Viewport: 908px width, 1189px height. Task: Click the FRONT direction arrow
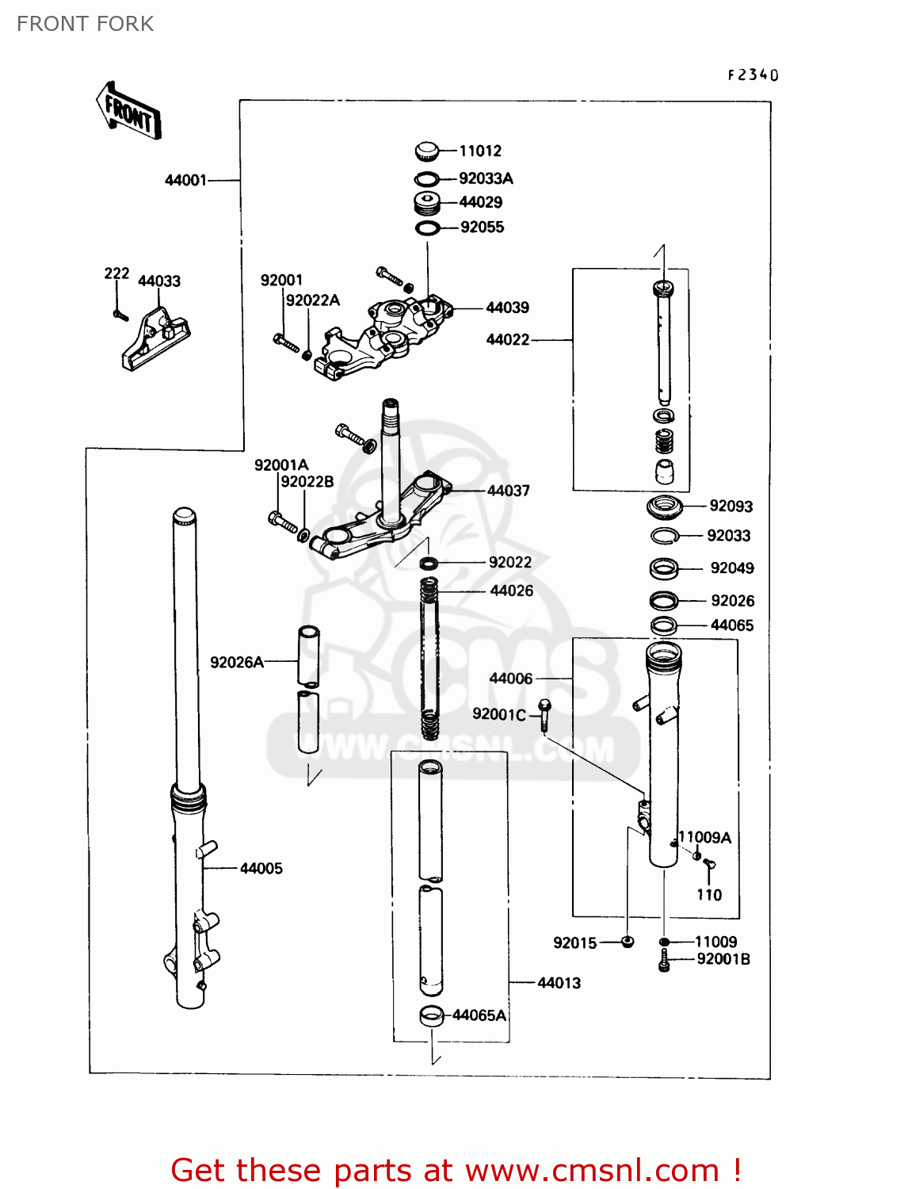coord(128,112)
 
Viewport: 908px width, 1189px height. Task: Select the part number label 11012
coord(480,151)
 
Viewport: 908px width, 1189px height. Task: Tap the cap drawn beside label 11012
coord(426,150)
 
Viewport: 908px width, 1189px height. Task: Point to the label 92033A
coord(486,178)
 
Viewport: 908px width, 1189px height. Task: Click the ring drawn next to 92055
coord(428,228)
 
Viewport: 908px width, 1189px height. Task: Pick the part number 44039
coord(507,308)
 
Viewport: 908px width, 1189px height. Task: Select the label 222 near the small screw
coord(116,273)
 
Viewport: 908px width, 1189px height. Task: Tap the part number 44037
coord(508,491)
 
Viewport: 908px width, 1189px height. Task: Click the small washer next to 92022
coord(429,563)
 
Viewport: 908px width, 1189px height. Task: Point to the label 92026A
coord(236,662)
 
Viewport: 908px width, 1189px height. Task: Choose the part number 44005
coord(261,868)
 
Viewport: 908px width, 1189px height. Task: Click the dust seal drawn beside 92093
coord(665,505)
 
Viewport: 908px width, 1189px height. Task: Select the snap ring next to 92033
coord(665,537)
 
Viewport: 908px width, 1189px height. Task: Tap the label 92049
coord(731,568)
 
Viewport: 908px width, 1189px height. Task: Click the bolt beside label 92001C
coord(544,714)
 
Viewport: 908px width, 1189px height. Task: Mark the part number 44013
coord(559,983)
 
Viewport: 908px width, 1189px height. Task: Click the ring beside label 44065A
coord(431,1015)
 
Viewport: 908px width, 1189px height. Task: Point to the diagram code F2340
coord(753,75)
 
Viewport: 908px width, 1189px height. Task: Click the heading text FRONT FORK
coord(85,24)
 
